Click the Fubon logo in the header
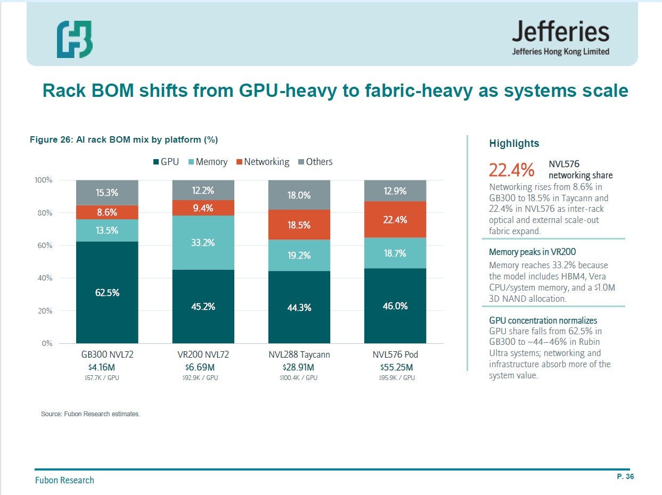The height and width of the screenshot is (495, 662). tap(75, 39)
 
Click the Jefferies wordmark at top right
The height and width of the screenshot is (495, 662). tap(560, 31)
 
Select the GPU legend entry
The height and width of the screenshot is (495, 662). tap(166, 162)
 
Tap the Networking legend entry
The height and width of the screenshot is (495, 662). tap(263, 162)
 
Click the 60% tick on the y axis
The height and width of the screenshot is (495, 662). tap(45, 245)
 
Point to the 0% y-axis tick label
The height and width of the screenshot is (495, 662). tap(47, 343)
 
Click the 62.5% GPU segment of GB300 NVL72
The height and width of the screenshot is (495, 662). tap(107, 292)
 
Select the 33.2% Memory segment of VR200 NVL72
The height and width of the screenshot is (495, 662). tap(203, 243)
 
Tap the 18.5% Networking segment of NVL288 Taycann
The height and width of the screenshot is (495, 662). tap(299, 225)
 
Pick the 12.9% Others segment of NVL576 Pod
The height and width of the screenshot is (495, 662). tap(395, 191)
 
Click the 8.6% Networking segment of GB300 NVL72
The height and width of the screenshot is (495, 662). tap(107, 212)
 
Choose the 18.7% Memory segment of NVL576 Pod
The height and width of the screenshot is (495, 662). tap(395, 253)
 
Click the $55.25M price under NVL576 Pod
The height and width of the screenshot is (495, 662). tap(397, 367)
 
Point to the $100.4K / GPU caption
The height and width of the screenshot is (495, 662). tap(299, 378)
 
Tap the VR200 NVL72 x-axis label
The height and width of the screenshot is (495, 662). tap(203, 354)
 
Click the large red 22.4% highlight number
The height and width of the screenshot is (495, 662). tap(511, 170)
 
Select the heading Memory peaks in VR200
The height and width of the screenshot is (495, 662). tap(532, 252)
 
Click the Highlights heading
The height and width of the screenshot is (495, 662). tap(514, 143)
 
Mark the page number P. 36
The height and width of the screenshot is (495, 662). tap(625, 476)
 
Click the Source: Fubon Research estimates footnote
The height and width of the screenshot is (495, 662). tap(91, 414)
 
